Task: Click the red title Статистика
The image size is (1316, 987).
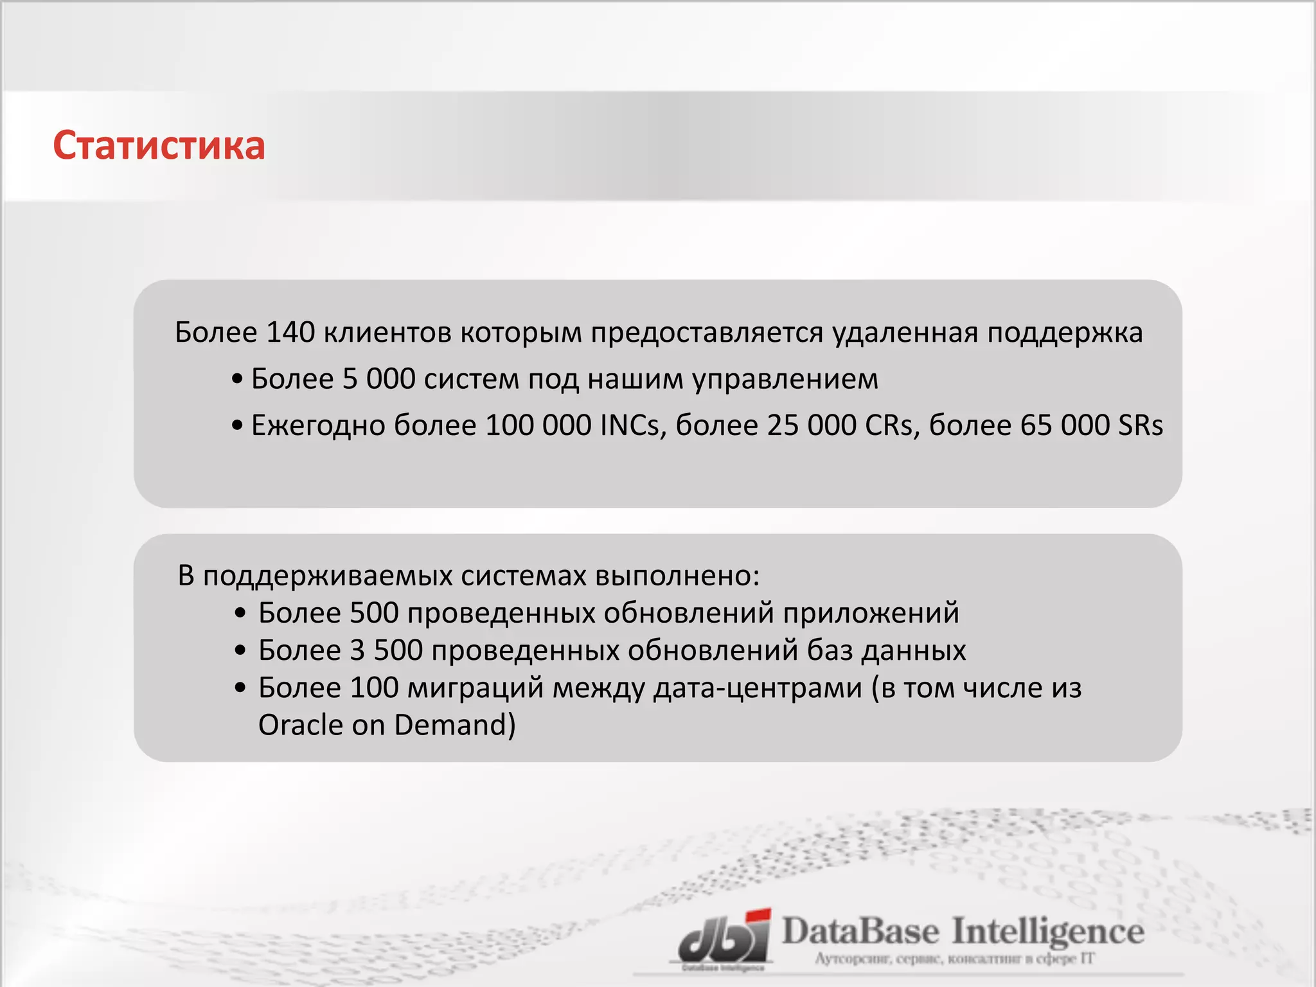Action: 159,145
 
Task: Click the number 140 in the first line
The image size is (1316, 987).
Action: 290,333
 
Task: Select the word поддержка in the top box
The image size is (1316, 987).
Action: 1065,333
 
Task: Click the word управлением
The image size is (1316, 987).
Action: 785,379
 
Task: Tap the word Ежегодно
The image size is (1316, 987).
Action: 317,425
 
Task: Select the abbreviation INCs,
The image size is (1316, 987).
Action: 632,425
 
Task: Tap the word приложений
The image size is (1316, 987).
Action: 871,613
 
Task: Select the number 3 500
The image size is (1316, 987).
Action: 386,650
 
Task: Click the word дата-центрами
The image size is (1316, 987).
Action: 758,688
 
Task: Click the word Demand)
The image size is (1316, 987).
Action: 455,725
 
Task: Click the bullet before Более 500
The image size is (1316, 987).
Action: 240,613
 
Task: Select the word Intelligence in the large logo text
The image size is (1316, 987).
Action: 1047,932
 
